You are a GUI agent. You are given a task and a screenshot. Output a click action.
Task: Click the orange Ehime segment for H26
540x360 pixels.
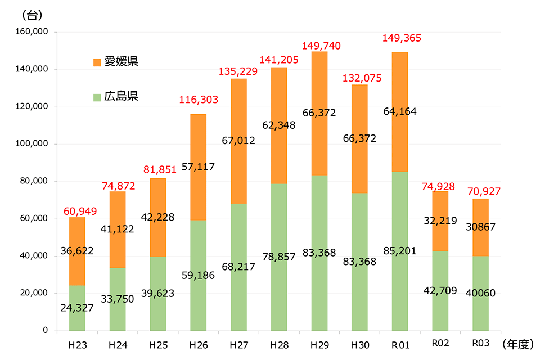point(198,141)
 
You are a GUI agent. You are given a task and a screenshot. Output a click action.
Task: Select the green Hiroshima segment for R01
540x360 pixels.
point(399,281)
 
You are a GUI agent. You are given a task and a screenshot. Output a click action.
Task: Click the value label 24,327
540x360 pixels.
point(77,308)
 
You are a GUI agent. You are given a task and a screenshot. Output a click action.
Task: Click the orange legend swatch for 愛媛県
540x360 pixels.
point(97,62)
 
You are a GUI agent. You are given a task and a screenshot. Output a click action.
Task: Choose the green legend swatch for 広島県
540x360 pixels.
point(97,97)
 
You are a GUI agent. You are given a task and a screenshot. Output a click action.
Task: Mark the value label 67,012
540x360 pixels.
point(238,140)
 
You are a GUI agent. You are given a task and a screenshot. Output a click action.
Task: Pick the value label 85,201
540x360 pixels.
point(399,251)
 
